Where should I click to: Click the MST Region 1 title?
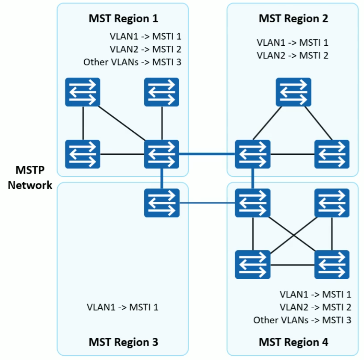click(x=123, y=19)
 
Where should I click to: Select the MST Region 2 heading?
click(x=293, y=19)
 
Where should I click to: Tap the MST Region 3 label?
click(x=123, y=342)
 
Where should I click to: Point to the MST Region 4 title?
click(x=293, y=342)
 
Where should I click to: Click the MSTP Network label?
click(x=30, y=177)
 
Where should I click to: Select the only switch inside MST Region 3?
click(x=162, y=203)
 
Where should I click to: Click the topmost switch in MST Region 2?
click(x=293, y=92)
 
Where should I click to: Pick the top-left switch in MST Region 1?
click(x=83, y=92)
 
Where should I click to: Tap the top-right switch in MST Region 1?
click(x=162, y=92)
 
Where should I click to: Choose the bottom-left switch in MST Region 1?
click(x=83, y=154)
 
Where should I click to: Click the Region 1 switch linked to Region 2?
click(x=162, y=154)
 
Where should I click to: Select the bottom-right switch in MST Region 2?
click(x=332, y=154)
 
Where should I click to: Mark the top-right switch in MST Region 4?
click(x=332, y=203)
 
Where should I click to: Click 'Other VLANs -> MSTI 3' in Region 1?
click(x=132, y=62)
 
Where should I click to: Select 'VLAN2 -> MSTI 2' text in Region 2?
click(x=293, y=56)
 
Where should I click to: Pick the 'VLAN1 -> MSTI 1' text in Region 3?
click(x=122, y=307)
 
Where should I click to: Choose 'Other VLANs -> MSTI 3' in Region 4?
click(x=302, y=320)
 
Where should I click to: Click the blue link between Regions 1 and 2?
click(x=207, y=154)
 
